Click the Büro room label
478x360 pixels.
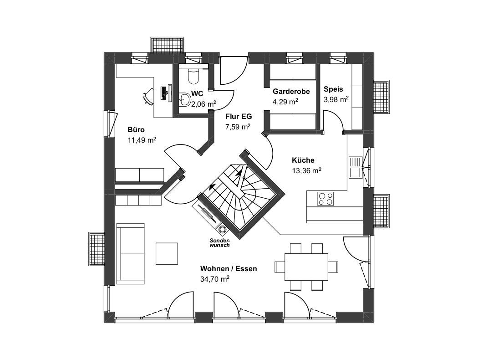pos(136,130)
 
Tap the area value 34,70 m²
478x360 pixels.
pos(214,278)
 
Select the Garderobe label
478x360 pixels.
pos(291,92)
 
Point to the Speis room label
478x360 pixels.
pos(333,89)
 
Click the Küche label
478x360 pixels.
pos(303,160)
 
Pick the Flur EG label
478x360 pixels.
pos(239,116)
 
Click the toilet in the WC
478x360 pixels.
pos(193,76)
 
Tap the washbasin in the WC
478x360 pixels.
pos(184,99)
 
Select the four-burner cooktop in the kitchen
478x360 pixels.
pos(325,199)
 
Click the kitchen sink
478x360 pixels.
pos(355,168)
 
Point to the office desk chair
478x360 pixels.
pos(148,97)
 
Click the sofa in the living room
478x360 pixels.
pos(131,253)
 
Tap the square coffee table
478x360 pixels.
pos(167,253)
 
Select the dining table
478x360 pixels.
pos(306,267)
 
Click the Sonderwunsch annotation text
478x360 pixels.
pos(219,242)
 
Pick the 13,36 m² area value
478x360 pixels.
pos(307,170)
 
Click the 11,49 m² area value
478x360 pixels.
pos(142,140)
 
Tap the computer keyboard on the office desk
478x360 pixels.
pos(163,93)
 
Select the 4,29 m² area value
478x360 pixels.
pos(285,102)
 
